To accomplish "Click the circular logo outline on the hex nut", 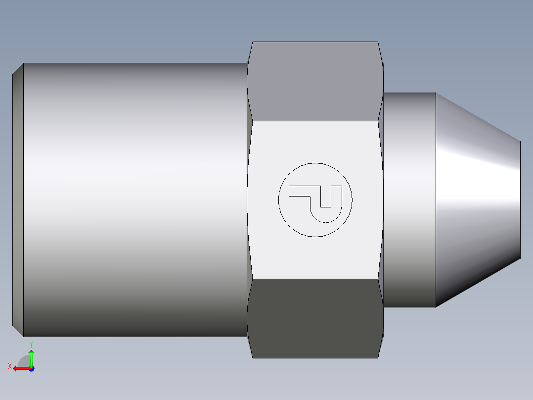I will [x=315, y=163].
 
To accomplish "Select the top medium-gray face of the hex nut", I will [x=315, y=82].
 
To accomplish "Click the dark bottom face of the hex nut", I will [x=315, y=317].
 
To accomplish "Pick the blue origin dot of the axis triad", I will [x=31, y=369].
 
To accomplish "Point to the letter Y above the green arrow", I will [x=31, y=344].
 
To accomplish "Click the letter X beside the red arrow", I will [x=9, y=366].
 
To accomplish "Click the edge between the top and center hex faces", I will [x=315, y=121].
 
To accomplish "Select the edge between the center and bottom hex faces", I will [x=315, y=279].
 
